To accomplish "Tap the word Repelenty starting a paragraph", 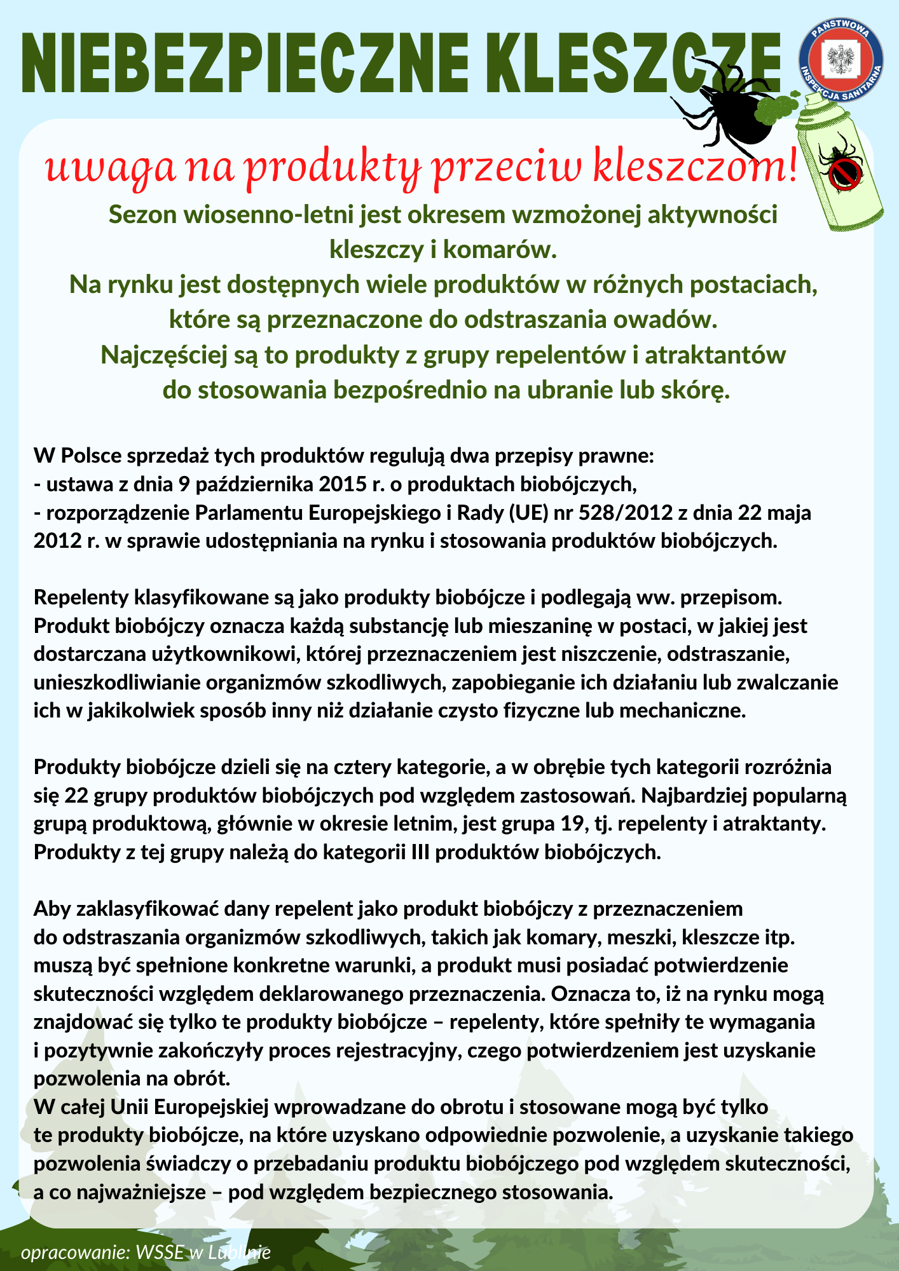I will pos(81,597).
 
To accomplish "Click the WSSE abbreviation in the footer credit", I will pos(161,1253).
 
